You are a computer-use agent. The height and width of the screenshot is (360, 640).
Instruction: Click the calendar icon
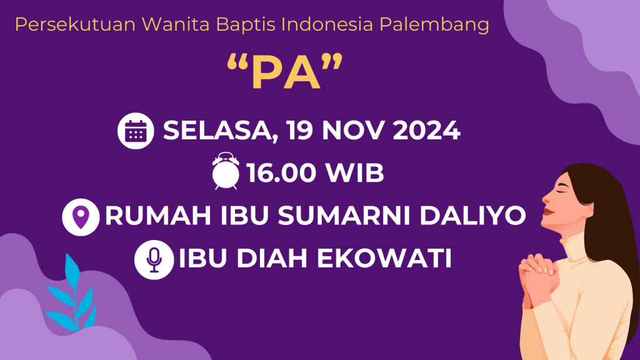136,131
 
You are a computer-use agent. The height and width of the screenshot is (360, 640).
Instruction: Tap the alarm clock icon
226,171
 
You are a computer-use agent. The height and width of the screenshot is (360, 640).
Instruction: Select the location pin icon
81,217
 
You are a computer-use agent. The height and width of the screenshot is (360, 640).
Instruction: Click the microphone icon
154,259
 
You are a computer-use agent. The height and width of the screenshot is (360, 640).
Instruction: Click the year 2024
426,131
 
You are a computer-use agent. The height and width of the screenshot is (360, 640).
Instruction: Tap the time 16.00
281,172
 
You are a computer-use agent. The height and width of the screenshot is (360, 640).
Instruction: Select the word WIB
355,172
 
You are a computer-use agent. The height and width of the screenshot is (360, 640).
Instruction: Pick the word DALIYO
472,216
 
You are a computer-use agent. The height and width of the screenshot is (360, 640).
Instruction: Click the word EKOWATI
384,258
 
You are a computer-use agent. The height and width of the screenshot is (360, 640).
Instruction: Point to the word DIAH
272,258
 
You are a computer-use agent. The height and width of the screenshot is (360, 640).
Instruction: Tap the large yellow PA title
285,72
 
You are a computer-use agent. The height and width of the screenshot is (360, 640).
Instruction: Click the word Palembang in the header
434,25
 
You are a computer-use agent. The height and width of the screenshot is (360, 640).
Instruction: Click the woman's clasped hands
539,279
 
